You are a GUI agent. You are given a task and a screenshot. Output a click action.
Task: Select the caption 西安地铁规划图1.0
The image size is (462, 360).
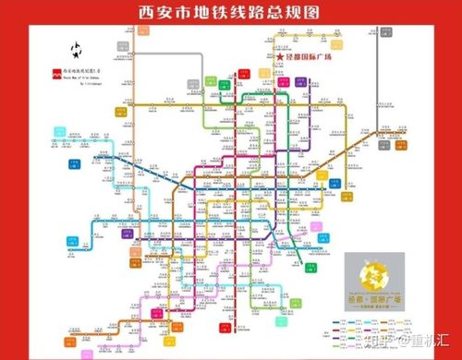click(84, 72)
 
